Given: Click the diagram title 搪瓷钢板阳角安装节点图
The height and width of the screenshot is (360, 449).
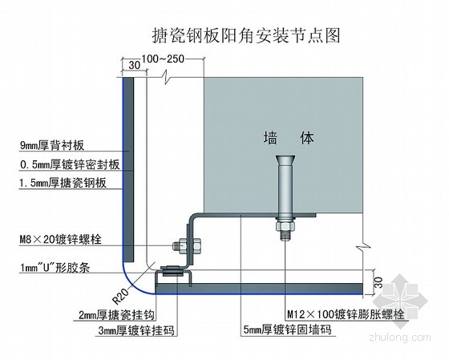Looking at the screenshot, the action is click(x=245, y=35).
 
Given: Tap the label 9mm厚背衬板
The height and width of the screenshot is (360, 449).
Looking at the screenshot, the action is click(x=52, y=145).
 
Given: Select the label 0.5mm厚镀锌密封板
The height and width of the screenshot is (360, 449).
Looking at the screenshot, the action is click(x=70, y=164).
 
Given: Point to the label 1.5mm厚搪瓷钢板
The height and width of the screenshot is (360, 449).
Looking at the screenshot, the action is click(x=63, y=183).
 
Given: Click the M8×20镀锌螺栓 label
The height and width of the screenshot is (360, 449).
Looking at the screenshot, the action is click(x=60, y=239).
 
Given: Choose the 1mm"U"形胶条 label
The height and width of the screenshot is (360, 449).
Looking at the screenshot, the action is click(x=55, y=268).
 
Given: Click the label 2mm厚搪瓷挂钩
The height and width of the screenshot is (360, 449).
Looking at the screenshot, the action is click(x=116, y=315).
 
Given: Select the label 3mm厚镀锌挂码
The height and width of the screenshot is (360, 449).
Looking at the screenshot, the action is click(x=136, y=330).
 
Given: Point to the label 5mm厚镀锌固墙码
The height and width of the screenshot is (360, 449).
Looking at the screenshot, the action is click(x=287, y=330).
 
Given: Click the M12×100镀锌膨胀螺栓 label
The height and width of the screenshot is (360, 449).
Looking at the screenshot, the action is click(x=346, y=314).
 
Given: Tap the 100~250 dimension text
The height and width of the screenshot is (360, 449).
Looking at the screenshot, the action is click(x=163, y=59).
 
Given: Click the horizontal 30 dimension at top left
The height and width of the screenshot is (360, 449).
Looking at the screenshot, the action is click(x=135, y=65).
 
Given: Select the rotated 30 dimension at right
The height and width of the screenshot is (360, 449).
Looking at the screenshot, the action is click(x=378, y=281).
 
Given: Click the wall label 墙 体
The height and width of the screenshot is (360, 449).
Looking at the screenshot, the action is click(x=289, y=138).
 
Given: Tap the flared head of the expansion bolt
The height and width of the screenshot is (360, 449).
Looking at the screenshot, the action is click(x=285, y=160).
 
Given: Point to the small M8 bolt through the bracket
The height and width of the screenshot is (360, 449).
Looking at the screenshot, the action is click(x=187, y=245).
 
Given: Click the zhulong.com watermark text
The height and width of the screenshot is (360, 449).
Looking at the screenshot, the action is click(x=400, y=337).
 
